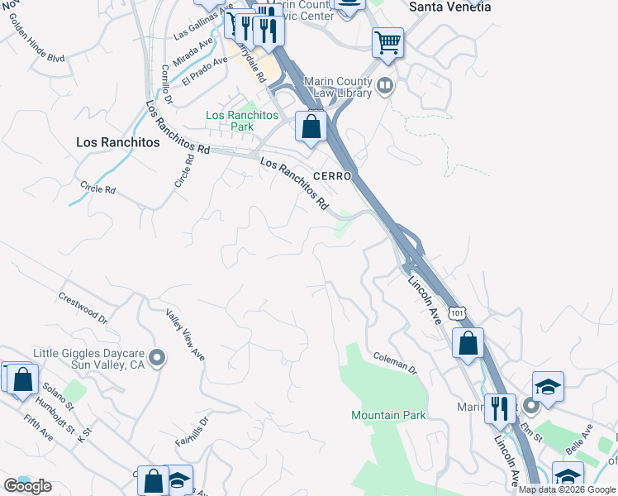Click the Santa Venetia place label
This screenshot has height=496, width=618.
(450, 7)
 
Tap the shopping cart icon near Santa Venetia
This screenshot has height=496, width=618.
(387, 41)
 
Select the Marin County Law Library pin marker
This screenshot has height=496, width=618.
(384, 86)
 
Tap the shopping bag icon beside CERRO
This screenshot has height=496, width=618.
(311, 127)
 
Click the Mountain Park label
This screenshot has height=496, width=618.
(388, 415)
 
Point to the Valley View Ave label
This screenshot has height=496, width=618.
(185, 334)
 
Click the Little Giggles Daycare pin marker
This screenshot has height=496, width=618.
(158, 359)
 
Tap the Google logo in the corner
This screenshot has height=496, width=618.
(27, 486)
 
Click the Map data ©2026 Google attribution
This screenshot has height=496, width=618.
(567, 489)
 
